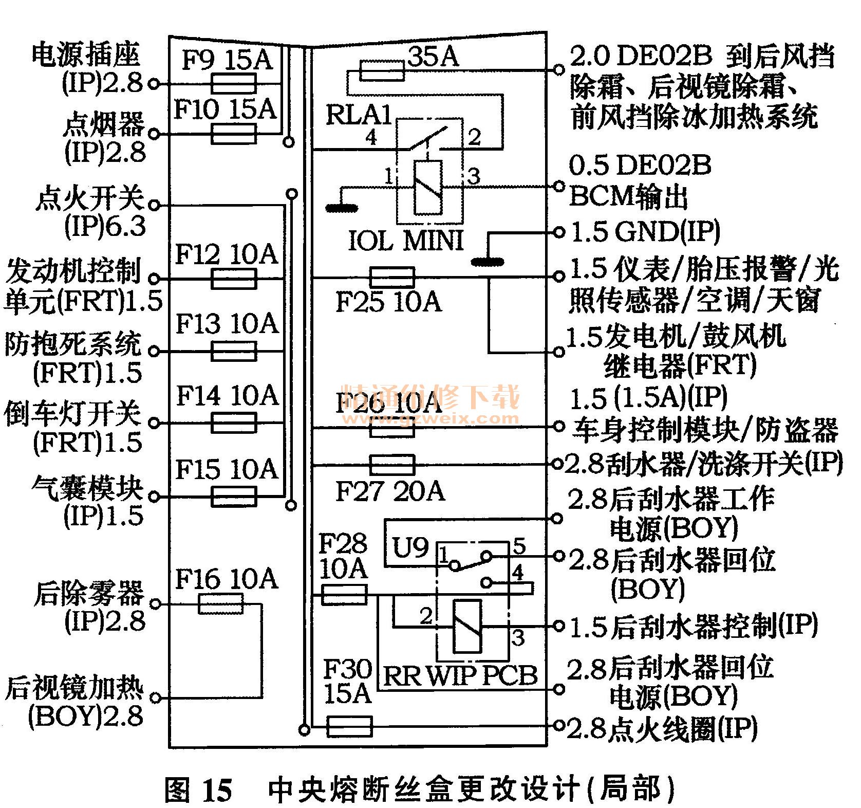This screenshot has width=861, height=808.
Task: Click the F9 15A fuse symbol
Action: pos(233,83)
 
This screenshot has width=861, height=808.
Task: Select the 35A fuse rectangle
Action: pos(382,71)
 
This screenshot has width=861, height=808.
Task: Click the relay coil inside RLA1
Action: pos(428,187)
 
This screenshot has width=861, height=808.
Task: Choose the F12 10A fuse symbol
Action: pos(234,279)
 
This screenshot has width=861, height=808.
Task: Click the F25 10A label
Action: pos(388,301)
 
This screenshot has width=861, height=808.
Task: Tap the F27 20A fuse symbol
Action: pos(392,465)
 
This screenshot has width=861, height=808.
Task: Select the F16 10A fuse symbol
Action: pos(220,603)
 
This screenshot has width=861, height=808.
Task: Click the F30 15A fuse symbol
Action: pos(349,727)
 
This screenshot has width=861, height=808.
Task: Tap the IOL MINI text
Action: pos(406,240)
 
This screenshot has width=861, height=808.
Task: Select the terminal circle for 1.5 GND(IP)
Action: pos(559,233)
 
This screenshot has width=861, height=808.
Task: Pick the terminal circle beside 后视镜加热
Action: pos(156,698)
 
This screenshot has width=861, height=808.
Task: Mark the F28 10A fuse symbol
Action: pos(344,595)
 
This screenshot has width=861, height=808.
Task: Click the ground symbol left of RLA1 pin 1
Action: pos(342,208)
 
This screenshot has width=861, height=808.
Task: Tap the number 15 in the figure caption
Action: pos(217,789)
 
